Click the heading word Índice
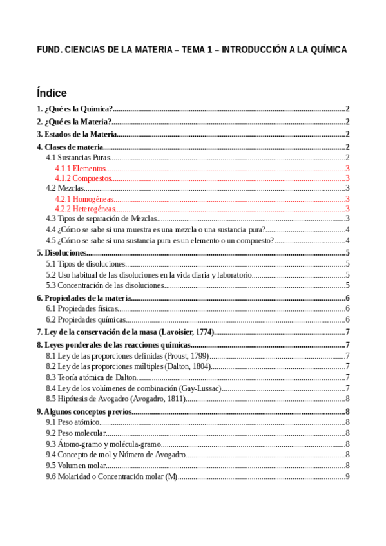tap(52, 93)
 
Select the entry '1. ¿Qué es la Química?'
tap(75, 109)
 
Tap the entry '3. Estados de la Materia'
tap(77, 134)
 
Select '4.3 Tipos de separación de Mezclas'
tap(102, 219)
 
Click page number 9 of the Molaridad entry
tap(347, 476)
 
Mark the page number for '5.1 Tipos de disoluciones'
tap(347, 264)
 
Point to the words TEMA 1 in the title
tap(197, 50)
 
